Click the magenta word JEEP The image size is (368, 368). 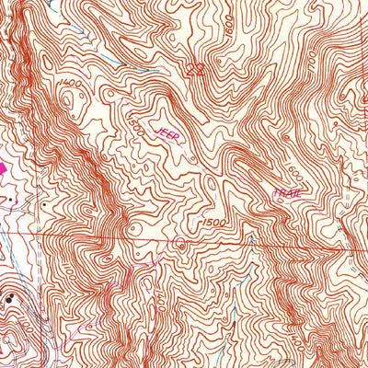point(170,135)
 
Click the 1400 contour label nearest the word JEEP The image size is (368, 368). point(67,85)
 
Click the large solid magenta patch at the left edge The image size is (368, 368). point(3,170)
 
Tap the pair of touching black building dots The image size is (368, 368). point(10,297)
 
